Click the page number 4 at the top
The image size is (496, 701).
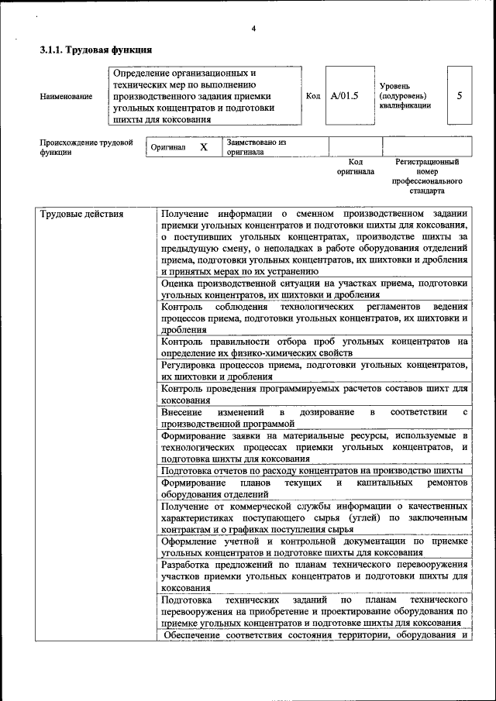coord(253,29)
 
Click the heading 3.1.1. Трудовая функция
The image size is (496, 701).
coord(95,50)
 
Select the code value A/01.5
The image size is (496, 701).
coord(344,96)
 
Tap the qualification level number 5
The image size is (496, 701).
coord(460,96)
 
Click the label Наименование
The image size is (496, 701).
coord(66,97)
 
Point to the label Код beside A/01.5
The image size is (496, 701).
coord(313,96)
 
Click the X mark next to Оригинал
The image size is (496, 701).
coord(203,147)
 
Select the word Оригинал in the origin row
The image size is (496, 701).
coord(168,147)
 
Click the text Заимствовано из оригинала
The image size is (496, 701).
coord(257,147)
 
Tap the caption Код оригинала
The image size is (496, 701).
coord(355,167)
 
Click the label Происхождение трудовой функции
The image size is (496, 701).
coord(86,147)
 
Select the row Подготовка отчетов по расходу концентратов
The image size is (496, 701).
coord(312,470)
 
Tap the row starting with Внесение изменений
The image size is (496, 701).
coord(314,418)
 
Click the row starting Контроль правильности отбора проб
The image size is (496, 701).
coord(314,346)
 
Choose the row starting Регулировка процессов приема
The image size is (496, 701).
coord(314,369)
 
